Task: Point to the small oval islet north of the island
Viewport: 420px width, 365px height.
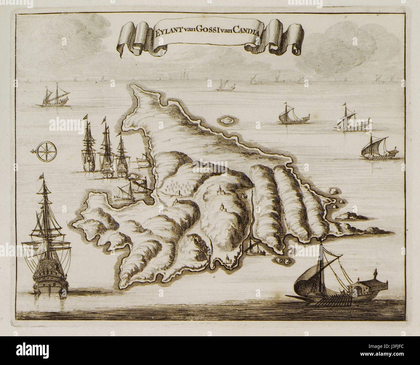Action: pos(227,120)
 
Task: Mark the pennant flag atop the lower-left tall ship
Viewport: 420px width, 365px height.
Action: pos(41,177)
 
